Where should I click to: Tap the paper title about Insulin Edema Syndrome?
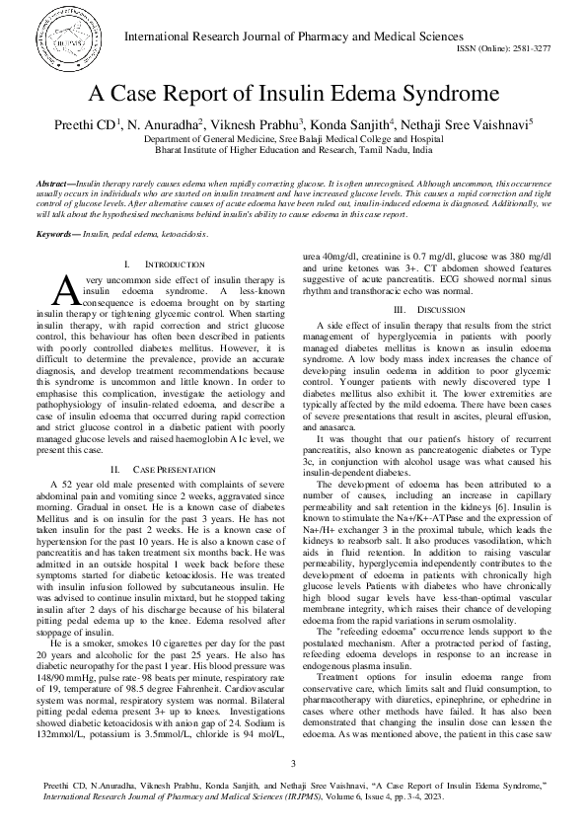293,95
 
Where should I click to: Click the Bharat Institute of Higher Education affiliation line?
293,153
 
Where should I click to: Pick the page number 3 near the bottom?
293,762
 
